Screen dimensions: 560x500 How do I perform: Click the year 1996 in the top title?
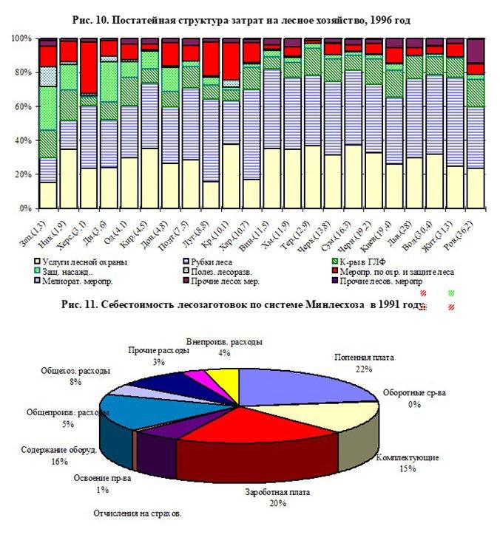[391, 18]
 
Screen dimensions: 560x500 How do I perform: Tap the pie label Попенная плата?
[362, 357]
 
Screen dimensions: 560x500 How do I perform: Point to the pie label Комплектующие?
[407, 457]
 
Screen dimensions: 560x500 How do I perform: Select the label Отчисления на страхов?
[138, 513]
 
